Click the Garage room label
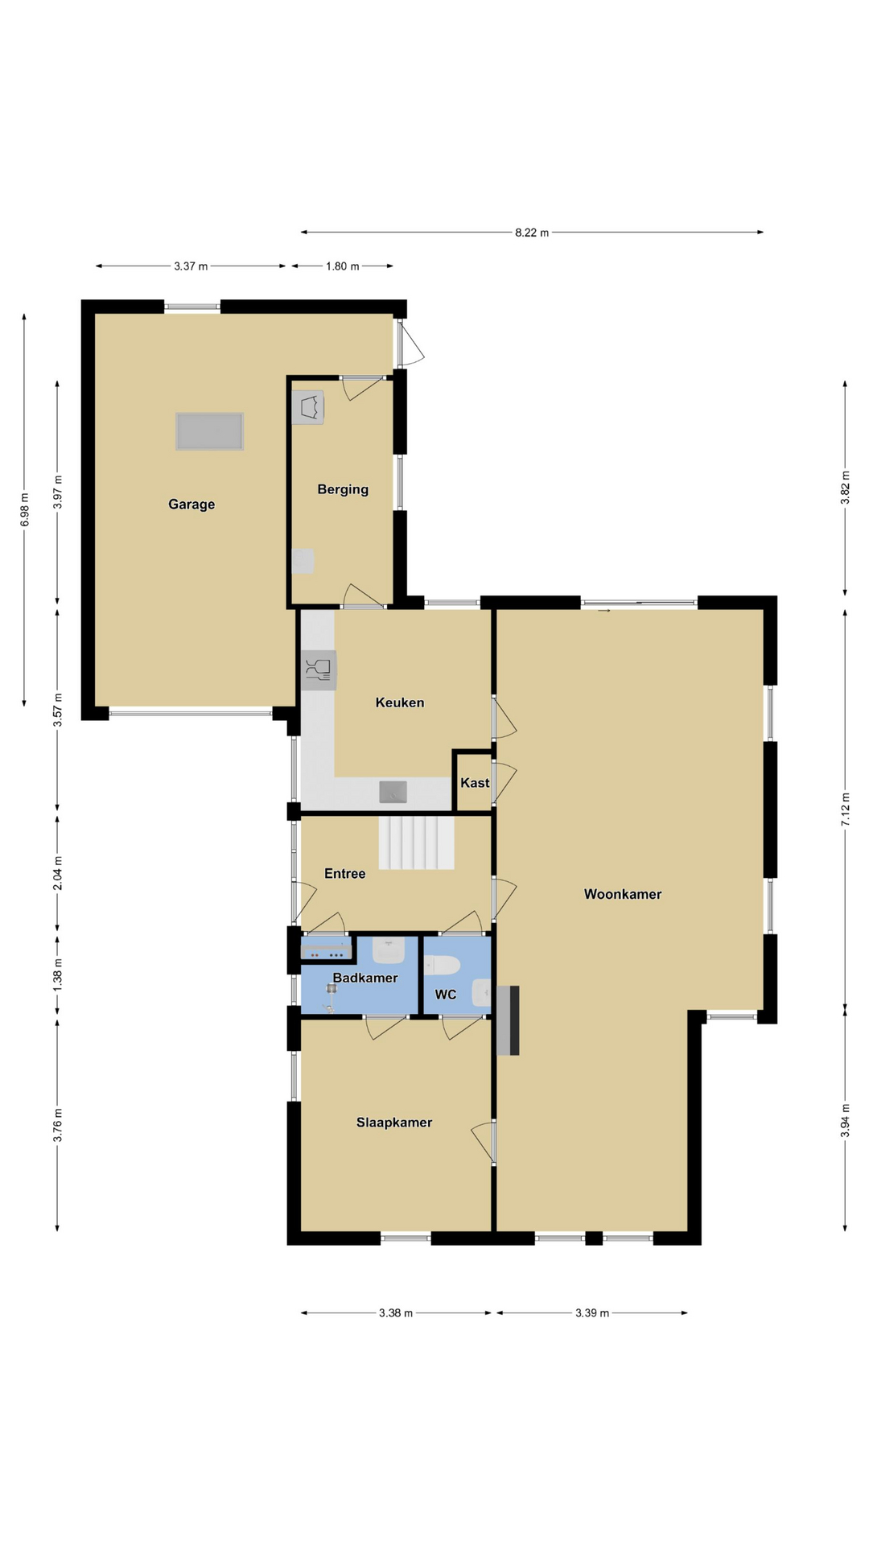(x=192, y=505)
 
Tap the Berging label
(x=343, y=489)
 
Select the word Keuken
(x=400, y=702)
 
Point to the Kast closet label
(x=475, y=783)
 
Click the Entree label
(x=345, y=874)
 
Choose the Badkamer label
(x=365, y=978)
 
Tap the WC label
(x=446, y=995)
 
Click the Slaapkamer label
(x=394, y=1123)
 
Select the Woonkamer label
(x=623, y=894)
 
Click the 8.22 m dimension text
(x=532, y=233)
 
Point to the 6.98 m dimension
(x=25, y=510)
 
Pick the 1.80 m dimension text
(x=343, y=266)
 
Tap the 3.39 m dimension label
(x=592, y=1313)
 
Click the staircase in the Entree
(x=417, y=843)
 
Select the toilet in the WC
(x=441, y=965)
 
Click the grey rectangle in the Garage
(x=210, y=431)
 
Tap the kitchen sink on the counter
(x=393, y=792)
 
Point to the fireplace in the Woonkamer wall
(x=508, y=1020)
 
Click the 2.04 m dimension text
(x=57, y=874)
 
